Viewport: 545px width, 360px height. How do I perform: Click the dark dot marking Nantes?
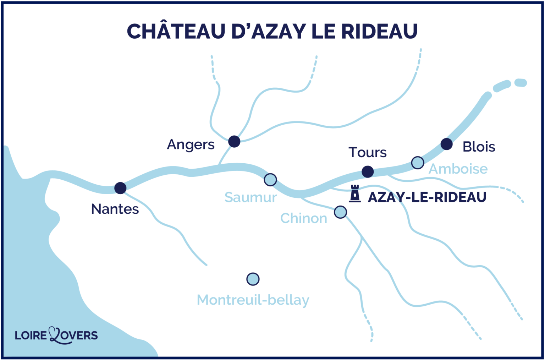point(120,188)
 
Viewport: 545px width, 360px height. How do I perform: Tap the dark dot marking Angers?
point(234,141)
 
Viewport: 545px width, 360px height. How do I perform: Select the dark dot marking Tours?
point(368,172)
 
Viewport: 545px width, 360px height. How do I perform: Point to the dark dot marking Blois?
point(446,144)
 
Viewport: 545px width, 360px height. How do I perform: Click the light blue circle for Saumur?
point(270,180)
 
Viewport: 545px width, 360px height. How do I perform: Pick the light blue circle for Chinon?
point(340,212)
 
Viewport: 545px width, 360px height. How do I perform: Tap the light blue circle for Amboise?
point(418,163)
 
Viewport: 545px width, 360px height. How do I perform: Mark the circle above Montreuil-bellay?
point(253,279)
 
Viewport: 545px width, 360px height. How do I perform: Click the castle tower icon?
point(355,194)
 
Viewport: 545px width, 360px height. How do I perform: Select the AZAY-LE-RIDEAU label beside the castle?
point(427,197)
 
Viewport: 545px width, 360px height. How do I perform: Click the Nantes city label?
point(115,209)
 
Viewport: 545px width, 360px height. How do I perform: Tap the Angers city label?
point(191,144)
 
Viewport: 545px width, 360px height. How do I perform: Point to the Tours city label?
point(367,152)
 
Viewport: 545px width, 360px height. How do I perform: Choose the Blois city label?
point(479,147)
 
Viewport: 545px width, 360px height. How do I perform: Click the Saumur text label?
point(251,197)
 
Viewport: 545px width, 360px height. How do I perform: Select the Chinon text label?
point(304,218)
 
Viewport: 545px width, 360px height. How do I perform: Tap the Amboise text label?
point(458,169)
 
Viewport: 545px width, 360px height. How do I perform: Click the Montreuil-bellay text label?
point(253,300)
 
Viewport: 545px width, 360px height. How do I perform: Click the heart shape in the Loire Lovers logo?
point(55,335)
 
